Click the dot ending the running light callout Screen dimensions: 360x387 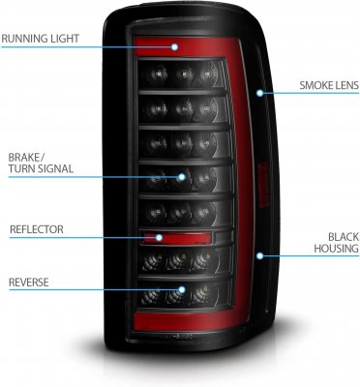[175, 45]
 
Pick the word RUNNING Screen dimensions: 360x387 [28, 40]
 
